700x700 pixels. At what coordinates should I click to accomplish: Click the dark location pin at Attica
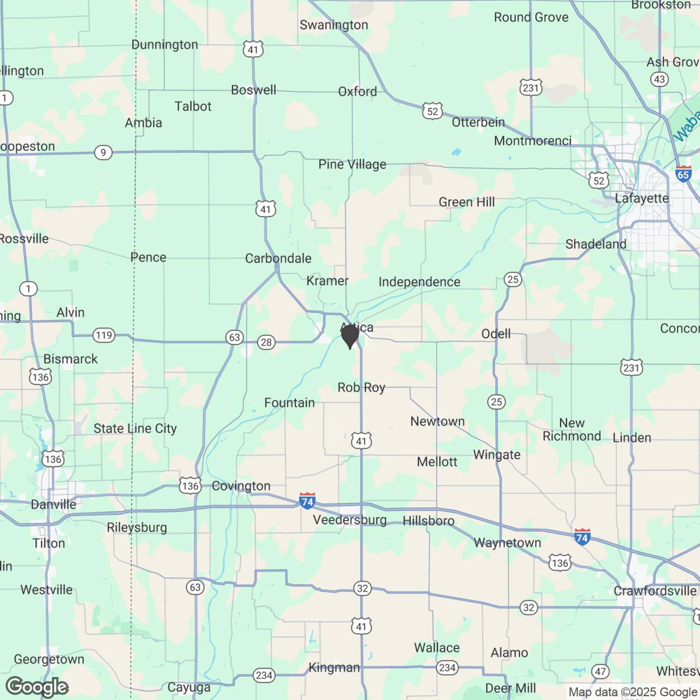(x=350, y=335)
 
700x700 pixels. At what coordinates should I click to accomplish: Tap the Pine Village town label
(x=352, y=164)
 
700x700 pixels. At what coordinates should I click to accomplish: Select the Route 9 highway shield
(x=103, y=153)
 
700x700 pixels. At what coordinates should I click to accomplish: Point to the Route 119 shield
(x=104, y=335)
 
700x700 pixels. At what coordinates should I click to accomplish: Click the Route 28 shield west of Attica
(x=266, y=342)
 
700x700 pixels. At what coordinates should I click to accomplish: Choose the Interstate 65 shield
(x=683, y=174)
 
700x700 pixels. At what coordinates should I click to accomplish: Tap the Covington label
(x=241, y=486)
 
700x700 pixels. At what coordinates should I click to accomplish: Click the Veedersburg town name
(x=350, y=520)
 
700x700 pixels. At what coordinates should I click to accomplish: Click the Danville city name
(x=54, y=504)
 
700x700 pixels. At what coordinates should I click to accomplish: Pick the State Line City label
(x=135, y=429)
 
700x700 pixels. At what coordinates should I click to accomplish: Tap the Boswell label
(x=254, y=90)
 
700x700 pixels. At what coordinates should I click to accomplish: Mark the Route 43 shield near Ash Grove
(x=659, y=79)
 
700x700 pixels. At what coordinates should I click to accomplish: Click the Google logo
(x=37, y=687)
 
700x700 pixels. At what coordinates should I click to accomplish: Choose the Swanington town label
(x=334, y=25)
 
